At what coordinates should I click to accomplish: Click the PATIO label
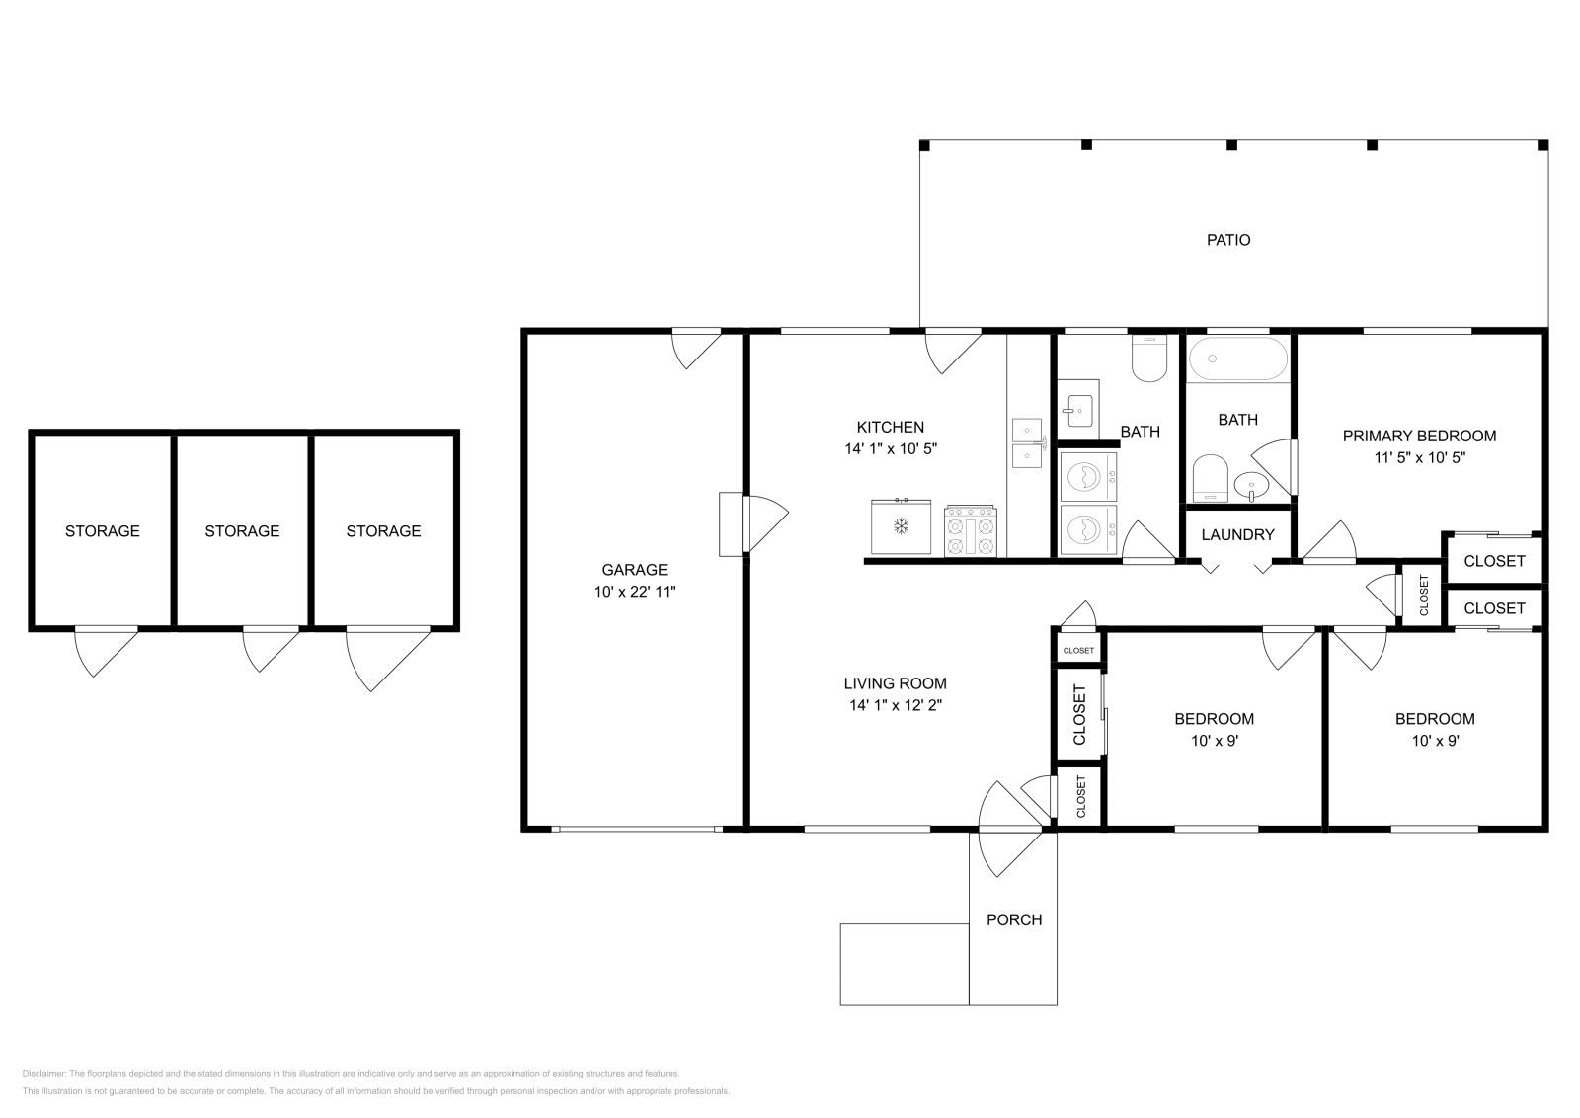coord(1228,240)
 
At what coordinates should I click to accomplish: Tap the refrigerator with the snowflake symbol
coord(901,526)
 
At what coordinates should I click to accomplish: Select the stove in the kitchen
coord(971,530)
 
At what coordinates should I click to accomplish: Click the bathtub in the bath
coord(1238,359)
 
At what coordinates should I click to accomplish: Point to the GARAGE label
coord(634,569)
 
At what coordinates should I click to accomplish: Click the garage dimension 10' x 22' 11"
coord(634,591)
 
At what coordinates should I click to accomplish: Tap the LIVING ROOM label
coord(895,682)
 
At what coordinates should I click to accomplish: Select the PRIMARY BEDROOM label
coord(1419,436)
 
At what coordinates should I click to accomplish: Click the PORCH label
coord(1013,919)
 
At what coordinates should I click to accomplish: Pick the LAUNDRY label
coord(1238,534)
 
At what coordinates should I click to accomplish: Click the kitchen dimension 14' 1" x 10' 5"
coord(891,448)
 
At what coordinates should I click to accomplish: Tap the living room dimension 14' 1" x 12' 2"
coord(895,704)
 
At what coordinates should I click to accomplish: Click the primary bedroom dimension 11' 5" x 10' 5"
coord(1419,457)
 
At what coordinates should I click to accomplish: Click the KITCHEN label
coord(890,427)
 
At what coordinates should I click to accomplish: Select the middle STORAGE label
coord(242,531)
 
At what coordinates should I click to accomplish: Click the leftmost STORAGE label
coord(103,531)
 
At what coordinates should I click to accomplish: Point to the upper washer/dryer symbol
coord(1088,477)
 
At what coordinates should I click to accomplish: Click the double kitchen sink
coord(1027,443)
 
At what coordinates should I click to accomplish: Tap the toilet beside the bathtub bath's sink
coord(1211,477)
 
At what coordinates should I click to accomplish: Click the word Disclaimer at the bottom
coord(43,1073)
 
